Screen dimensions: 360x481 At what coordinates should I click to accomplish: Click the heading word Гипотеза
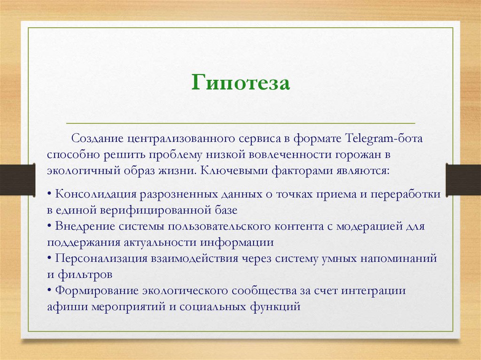tap(240, 83)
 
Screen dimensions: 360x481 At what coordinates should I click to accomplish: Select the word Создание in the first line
tap(97, 139)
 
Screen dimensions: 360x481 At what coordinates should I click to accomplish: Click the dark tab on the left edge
tap(17, 180)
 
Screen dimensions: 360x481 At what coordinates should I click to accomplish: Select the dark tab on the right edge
tap(463, 180)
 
